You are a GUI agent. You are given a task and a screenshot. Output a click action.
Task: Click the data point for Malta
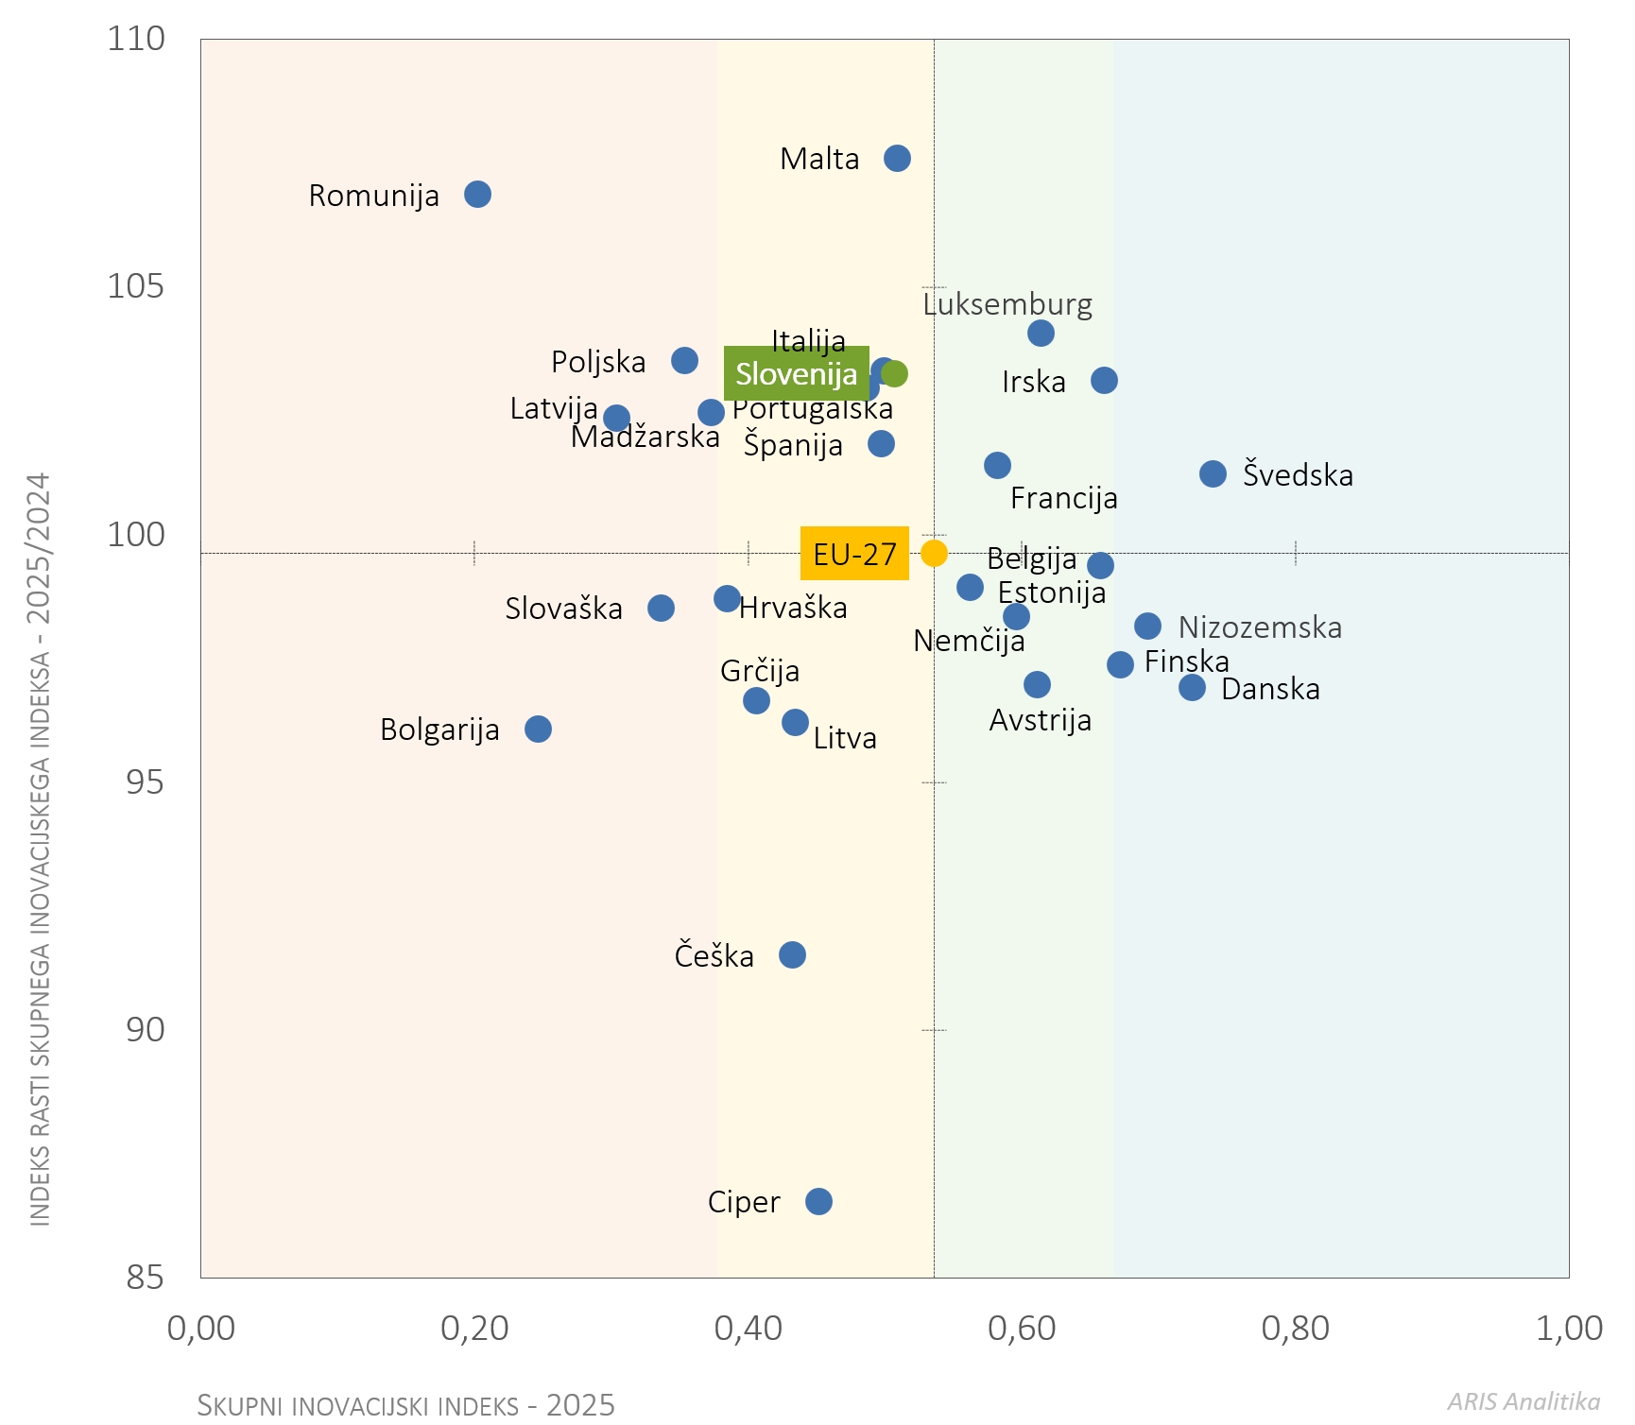[897, 158]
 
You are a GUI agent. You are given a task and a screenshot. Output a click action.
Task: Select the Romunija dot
[477, 195]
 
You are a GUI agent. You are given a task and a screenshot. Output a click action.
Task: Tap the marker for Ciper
[818, 1201]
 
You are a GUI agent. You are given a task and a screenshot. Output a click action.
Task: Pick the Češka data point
[792, 954]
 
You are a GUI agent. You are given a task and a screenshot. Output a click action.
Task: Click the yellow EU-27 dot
[934, 553]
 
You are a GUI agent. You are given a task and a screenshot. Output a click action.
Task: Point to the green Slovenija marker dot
[895, 373]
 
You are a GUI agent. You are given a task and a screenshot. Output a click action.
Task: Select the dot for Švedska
[1213, 473]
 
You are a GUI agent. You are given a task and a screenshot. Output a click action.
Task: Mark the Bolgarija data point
[538, 729]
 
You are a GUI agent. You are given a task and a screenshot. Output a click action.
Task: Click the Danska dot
[1192, 687]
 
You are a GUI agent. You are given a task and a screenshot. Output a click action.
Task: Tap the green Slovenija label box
[796, 374]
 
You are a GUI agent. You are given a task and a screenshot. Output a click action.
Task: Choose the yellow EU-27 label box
[854, 554]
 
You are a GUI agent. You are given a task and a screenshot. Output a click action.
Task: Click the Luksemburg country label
[1007, 304]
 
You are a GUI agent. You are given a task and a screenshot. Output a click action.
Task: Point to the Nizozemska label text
[1260, 627]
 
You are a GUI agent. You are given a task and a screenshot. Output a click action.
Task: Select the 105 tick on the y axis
[136, 286]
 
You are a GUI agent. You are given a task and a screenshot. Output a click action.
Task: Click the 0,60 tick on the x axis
[1022, 1329]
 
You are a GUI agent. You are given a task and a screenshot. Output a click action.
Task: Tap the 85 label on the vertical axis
[145, 1278]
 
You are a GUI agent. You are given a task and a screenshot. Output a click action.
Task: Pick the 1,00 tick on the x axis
[1569, 1329]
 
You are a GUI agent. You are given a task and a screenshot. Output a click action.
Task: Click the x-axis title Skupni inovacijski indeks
[405, 1405]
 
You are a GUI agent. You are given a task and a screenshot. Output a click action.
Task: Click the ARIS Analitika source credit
[1523, 1401]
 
